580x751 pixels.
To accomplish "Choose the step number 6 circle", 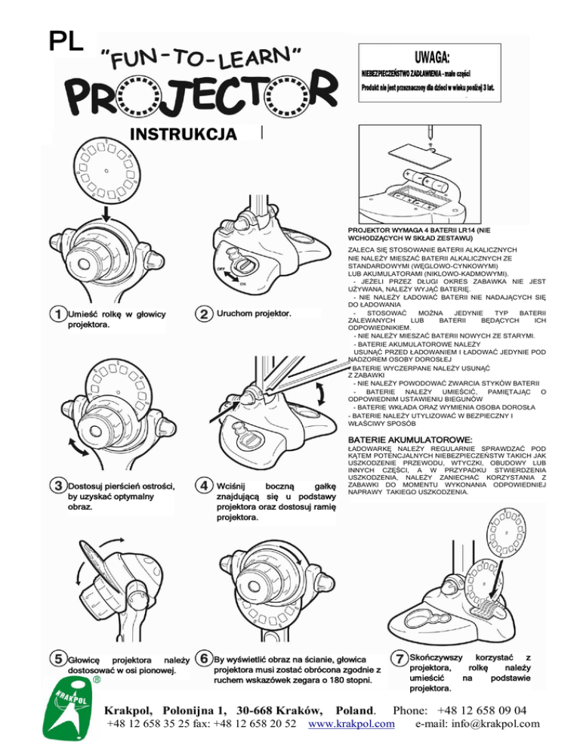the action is point(203,658).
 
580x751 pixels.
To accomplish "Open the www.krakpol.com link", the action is point(353,725).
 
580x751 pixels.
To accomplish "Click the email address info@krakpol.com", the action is point(477,725).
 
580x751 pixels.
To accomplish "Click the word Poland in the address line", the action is point(354,709).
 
